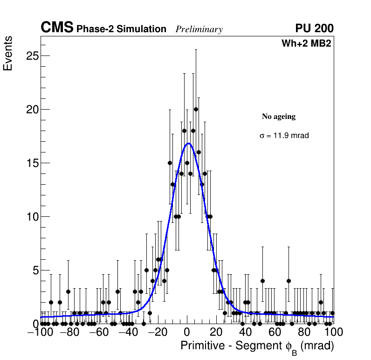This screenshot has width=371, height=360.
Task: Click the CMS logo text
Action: (x=57, y=28)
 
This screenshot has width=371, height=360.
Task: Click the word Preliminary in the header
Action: (x=199, y=29)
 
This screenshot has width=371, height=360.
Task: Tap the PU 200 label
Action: (x=314, y=28)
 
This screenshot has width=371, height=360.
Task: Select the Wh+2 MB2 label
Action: (x=306, y=44)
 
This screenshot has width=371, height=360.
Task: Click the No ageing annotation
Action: (x=279, y=117)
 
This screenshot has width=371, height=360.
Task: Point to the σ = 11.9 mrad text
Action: (x=284, y=136)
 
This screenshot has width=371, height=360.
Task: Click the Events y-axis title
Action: (x=8, y=54)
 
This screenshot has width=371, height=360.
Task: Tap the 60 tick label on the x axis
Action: (x=275, y=332)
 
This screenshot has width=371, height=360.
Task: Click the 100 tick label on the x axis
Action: (x=334, y=332)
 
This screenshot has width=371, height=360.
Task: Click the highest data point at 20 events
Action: (x=196, y=110)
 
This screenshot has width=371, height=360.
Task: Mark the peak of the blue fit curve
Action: (x=188, y=143)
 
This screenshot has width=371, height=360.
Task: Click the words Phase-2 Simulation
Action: (x=121, y=29)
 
